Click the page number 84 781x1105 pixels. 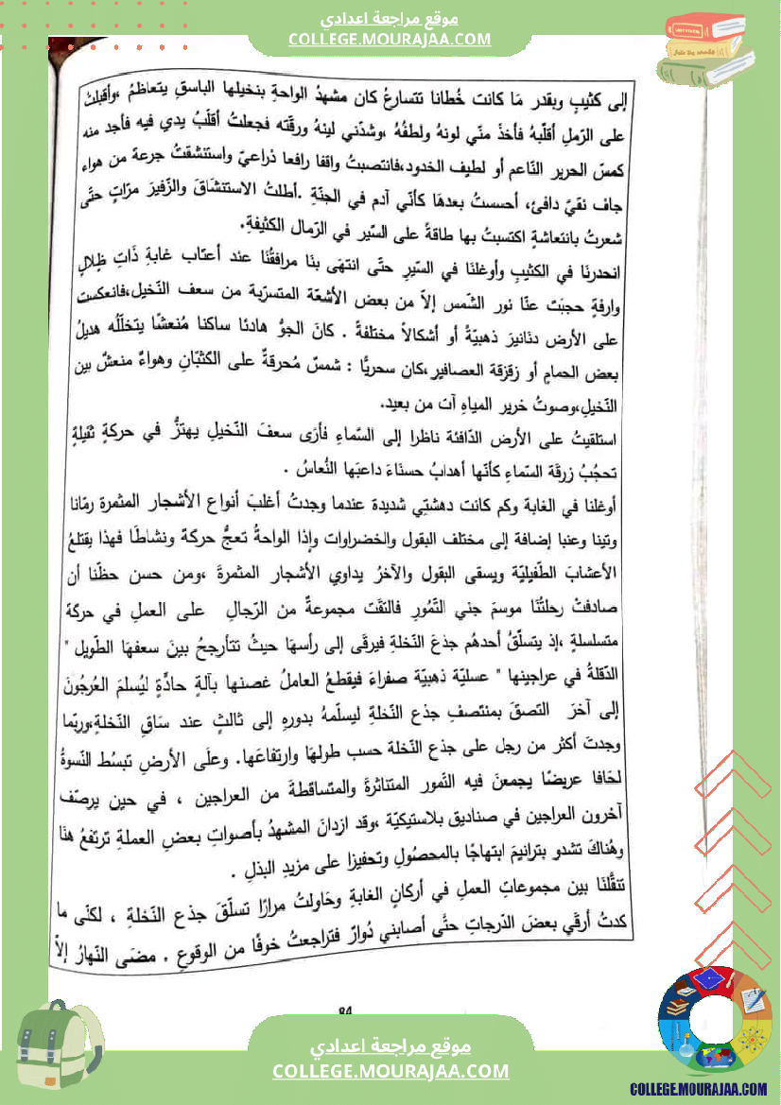click(x=344, y=1010)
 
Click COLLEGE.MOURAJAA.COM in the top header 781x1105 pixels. click(x=390, y=39)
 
